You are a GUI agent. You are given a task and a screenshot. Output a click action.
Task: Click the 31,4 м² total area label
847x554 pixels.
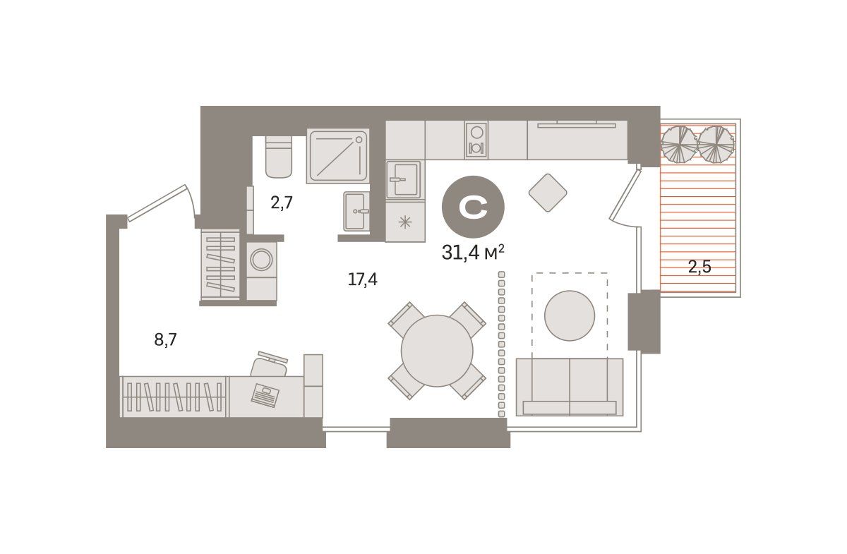click(473, 252)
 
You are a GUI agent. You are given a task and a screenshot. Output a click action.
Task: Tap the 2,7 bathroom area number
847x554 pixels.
click(282, 203)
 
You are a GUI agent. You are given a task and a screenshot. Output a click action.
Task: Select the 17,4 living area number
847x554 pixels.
click(362, 280)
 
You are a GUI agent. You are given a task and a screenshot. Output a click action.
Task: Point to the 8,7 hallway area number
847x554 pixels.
click(166, 339)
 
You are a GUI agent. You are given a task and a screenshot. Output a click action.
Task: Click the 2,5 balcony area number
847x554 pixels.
click(699, 267)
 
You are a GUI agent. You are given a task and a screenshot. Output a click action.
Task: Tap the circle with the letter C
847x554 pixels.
click(473, 207)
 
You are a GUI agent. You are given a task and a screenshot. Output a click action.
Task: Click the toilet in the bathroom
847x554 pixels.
click(279, 157)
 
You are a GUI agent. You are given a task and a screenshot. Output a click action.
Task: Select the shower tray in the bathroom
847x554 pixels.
click(337, 156)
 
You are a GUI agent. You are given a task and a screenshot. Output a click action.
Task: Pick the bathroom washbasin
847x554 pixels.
click(356, 211)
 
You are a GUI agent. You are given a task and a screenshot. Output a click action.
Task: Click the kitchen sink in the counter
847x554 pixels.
click(403, 180)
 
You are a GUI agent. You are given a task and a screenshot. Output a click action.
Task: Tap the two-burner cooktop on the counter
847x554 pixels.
click(476, 140)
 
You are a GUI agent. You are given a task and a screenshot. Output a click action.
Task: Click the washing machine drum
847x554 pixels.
click(261, 260)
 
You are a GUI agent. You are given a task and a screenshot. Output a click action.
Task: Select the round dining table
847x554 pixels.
click(437, 351)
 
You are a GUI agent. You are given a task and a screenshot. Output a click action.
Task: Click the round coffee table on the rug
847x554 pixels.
click(570, 315)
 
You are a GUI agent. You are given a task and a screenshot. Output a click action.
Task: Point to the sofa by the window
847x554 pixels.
click(570, 387)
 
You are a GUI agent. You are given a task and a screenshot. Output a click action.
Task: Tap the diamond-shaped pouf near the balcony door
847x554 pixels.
click(548, 193)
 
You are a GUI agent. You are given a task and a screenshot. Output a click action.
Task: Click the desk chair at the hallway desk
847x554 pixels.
click(269, 365)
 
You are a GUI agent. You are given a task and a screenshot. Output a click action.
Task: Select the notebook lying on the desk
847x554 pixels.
click(265, 395)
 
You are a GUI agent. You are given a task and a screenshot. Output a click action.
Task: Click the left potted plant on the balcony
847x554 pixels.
click(679, 144)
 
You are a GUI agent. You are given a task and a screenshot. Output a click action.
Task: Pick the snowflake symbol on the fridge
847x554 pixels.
click(405, 222)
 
